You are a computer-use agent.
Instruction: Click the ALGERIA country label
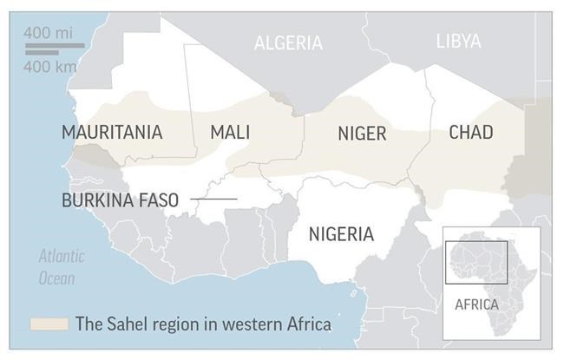point(288,43)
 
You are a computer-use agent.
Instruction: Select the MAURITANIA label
point(112,132)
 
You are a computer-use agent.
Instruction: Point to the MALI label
point(230,132)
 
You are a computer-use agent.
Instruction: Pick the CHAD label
point(471,132)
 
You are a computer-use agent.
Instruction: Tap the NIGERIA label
point(342,234)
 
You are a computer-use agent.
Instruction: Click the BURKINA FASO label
point(120,200)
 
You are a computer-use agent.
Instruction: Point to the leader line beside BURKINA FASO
point(213,200)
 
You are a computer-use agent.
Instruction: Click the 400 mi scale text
point(49,32)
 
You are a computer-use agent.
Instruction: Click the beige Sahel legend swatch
point(49,324)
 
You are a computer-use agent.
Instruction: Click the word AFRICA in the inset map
point(476,304)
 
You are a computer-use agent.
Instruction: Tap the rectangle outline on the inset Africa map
point(476,262)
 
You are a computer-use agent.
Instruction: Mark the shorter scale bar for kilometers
point(41,52)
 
